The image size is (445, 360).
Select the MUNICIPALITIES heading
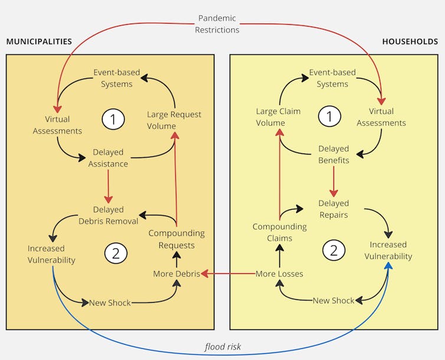39,42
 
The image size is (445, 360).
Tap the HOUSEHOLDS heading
410,42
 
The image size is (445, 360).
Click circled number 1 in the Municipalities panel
113,119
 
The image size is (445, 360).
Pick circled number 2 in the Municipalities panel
116,253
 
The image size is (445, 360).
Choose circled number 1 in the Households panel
329,117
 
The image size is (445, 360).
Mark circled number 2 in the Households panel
333,250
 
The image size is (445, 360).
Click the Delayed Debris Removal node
108,215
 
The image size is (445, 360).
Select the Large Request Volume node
174,120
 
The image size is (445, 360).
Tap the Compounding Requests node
176,239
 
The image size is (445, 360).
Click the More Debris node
176,274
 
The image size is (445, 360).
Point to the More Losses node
279,274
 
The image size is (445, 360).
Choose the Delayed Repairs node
333,209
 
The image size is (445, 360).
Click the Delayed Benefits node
333,155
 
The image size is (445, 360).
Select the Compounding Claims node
280,233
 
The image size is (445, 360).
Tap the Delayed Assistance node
108,158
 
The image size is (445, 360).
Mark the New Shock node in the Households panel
333,300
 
